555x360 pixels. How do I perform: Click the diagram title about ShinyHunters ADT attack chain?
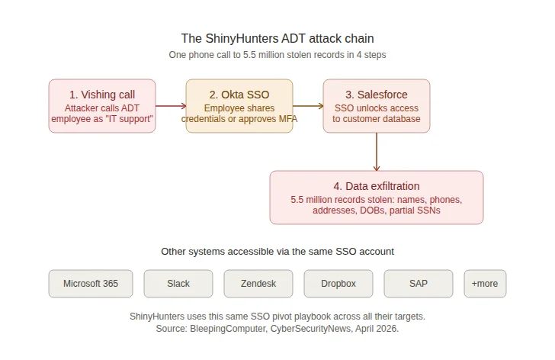click(277, 38)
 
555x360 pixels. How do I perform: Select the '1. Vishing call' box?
click(102, 106)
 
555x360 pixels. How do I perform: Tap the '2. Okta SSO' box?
click(239, 106)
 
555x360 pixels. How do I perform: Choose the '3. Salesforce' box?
click(376, 106)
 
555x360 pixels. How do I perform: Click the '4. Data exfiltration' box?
click(376, 198)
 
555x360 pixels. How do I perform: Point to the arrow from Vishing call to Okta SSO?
click(171, 106)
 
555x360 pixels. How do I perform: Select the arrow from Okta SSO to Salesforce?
click(308, 106)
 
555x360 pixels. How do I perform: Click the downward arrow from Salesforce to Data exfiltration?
click(376, 152)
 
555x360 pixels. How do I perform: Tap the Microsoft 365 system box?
click(91, 284)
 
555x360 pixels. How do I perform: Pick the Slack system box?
click(178, 284)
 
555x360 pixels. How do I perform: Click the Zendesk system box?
click(258, 284)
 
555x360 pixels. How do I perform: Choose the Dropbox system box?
click(338, 284)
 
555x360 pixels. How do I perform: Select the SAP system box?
click(419, 284)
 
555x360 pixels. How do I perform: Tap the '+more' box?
click(485, 284)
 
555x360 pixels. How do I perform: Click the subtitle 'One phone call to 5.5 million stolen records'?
click(277, 55)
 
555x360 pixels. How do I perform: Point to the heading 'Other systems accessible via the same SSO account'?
click(277, 251)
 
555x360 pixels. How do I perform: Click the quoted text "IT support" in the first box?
click(127, 118)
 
